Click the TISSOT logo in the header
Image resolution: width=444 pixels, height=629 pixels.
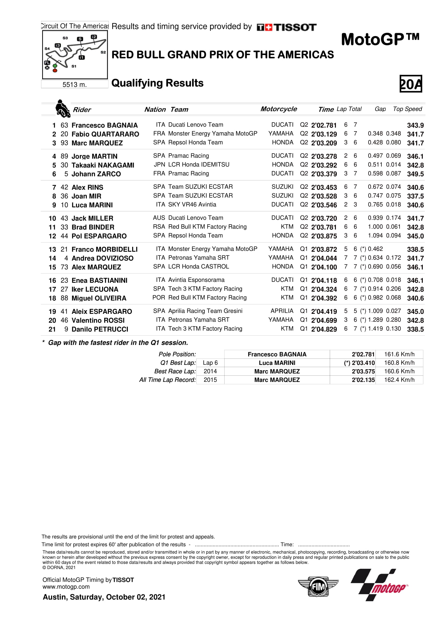286,27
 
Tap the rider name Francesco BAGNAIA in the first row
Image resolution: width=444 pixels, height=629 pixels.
104,125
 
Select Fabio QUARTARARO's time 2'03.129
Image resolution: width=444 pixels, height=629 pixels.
324,134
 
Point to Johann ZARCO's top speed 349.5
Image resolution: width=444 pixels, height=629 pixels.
415,174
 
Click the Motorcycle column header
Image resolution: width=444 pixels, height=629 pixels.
279,109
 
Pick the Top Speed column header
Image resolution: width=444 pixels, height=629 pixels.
407,109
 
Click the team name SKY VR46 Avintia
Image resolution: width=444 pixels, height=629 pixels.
192,205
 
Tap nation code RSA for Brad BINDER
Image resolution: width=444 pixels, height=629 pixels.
159,227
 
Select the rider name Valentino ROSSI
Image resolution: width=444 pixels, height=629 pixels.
98,320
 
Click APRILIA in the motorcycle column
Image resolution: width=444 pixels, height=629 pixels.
282,311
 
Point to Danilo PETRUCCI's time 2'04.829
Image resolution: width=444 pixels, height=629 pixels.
324,329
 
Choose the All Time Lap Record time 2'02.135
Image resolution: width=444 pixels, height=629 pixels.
363,380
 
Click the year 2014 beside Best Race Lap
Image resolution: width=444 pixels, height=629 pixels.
210,371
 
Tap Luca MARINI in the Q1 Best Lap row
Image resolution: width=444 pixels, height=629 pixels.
277,363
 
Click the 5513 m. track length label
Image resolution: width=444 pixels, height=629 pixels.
74,85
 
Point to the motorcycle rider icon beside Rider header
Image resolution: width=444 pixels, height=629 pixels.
62,109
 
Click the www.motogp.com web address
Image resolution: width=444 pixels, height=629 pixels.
66,587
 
